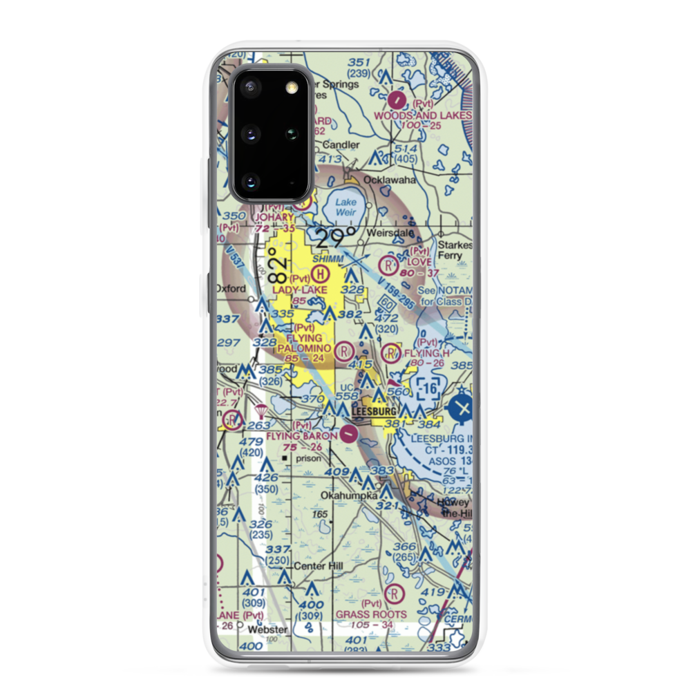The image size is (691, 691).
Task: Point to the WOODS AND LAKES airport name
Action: tap(422, 115)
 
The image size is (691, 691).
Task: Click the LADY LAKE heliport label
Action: tap(300, 290)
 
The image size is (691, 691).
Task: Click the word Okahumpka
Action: tap(350, 496)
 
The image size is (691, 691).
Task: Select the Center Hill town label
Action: tap(319, 567)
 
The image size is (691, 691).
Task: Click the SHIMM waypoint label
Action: tap(327, 258)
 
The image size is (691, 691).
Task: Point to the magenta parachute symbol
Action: tap(261, 411)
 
